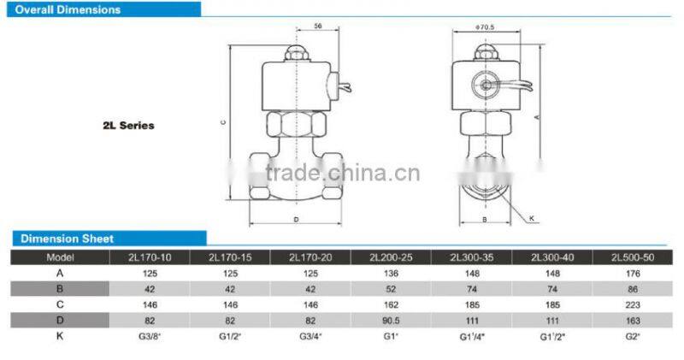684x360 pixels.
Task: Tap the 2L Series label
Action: pos(128,126)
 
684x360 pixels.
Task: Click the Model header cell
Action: pos(60,257)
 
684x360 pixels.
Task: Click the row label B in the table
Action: pos(60,289)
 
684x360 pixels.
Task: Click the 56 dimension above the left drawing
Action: pos(294,27)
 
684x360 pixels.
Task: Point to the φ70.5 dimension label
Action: pos(485,27)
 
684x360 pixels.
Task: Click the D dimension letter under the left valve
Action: pos(294,220)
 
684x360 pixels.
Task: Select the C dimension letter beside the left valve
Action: pos(222,122)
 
